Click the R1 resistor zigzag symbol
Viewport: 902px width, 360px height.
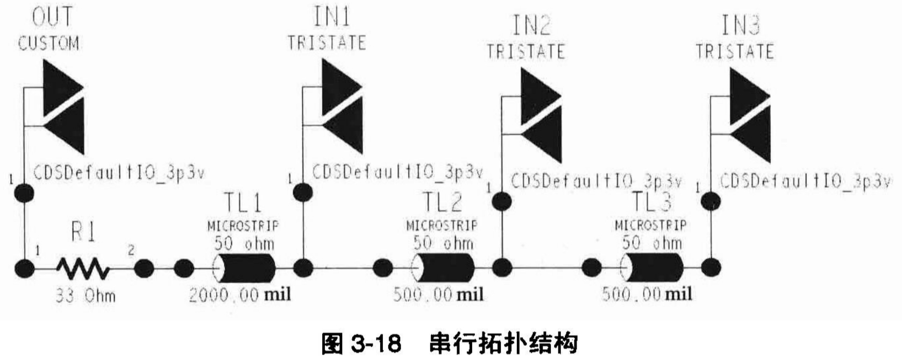click(83, 268)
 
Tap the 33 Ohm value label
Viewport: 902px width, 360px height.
click(86, 295)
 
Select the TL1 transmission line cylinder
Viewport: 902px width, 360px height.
click(245, 268)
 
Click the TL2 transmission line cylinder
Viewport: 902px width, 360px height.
click(443, 268)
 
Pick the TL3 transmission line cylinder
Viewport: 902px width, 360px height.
click(652, 267)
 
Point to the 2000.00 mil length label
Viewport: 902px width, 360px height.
click(240, 294)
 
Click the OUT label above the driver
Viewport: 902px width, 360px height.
click(52, 17)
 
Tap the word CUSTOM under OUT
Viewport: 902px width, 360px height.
click(48, 43)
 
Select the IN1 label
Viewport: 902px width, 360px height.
click(331, 17)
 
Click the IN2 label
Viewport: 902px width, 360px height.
click(530, 25)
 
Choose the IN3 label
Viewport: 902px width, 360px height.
click(740, 25)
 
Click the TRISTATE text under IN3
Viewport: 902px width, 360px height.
click(735, 51)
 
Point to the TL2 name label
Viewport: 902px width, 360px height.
click(442, 203)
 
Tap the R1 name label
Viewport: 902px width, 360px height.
click(83, 232)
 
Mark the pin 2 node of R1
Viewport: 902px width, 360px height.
click(144, 268)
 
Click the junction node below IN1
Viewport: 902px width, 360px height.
click(303, 267)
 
